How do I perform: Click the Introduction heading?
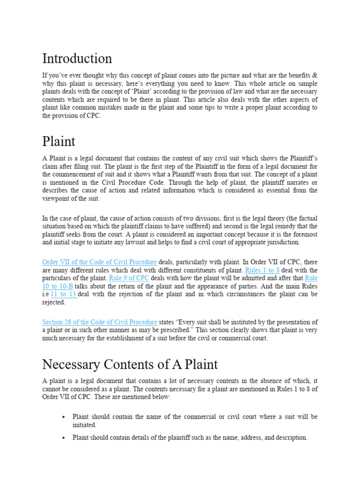77,59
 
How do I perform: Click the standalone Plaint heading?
59,141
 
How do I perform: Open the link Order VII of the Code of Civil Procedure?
99,262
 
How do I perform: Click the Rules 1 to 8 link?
262,270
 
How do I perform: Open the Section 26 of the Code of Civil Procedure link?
99,322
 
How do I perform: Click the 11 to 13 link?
63,294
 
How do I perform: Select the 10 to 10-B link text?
57,286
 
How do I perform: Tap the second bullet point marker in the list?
63,438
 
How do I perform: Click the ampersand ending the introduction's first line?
315,75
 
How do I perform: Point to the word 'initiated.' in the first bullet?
84,425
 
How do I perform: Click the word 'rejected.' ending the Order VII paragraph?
54,302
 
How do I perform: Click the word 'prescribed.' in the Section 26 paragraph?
172,330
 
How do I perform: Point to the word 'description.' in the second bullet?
290,437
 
